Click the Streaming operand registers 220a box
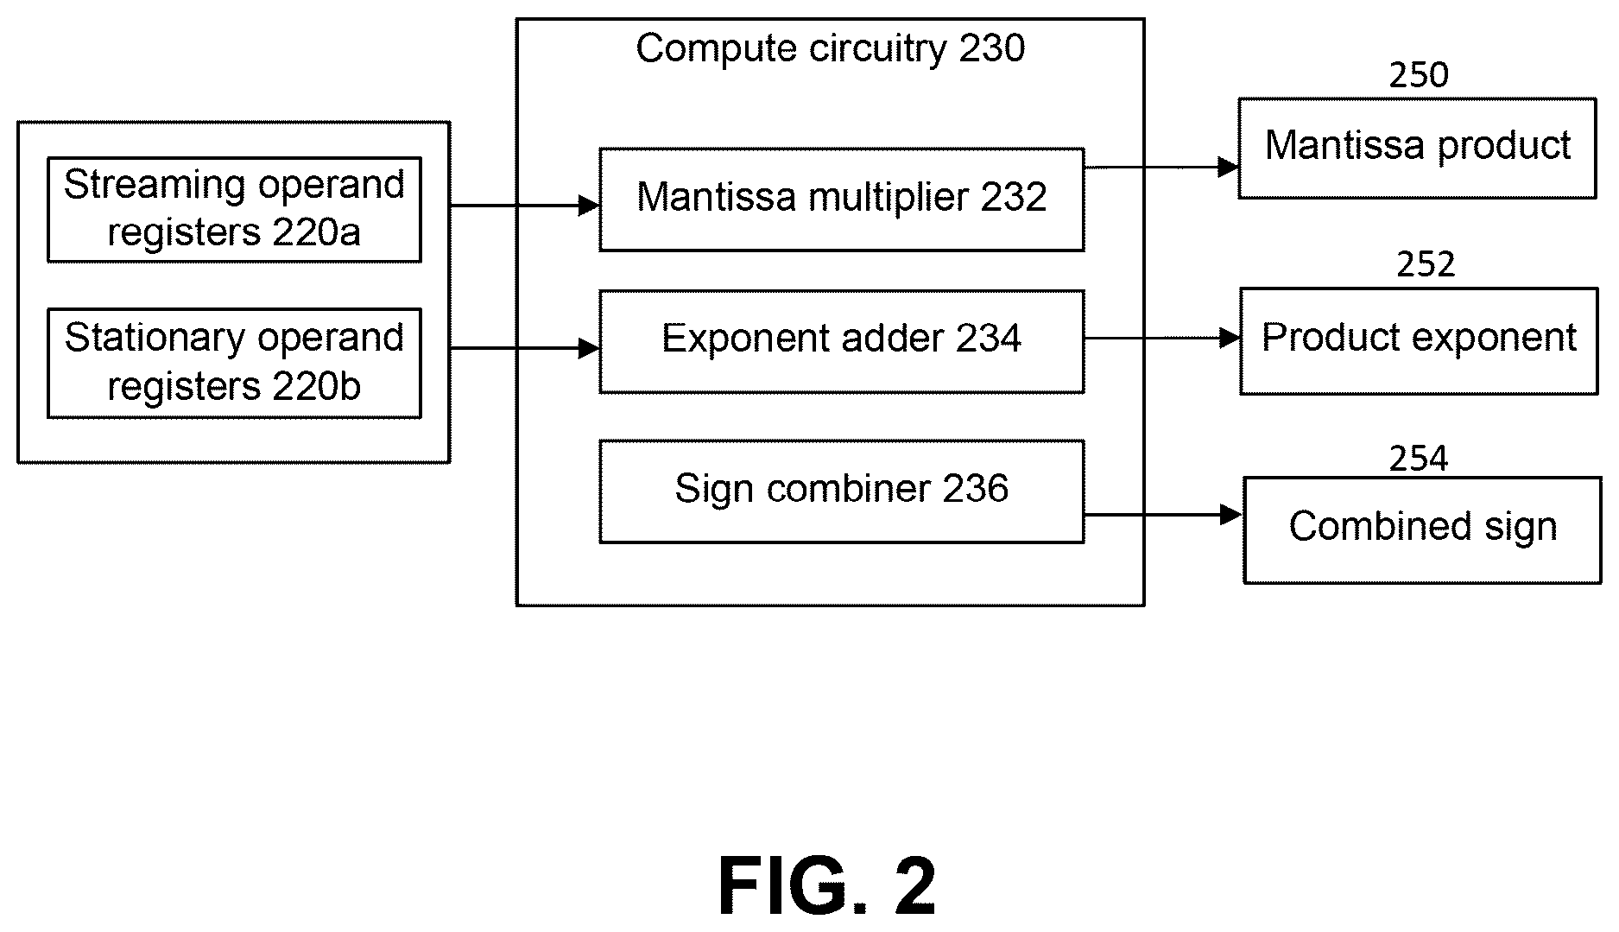click(234, 209)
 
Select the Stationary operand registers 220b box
click(234, 363)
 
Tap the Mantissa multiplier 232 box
click(842, 200)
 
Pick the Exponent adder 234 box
click(842, 342)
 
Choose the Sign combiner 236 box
click(842, 491)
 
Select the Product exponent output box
click(1419, 341)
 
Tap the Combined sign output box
click(1422, 530)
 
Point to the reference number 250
click(1419, 76)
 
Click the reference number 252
click(1426, 264)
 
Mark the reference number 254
click(1419, 459)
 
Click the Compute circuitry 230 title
click(831, 48)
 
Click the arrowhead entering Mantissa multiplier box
click(590, 206)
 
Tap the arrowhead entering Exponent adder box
click(590, 348)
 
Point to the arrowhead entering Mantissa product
click(1229, 167)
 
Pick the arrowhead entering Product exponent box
click(1230, 338)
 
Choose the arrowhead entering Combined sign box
click(1233, 515)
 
